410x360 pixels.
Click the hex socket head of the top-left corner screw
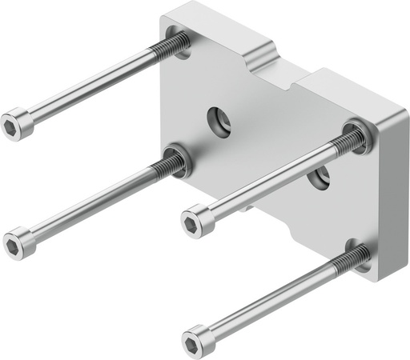[x=16, y=125]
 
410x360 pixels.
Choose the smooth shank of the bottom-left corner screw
[x=88, y=204]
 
